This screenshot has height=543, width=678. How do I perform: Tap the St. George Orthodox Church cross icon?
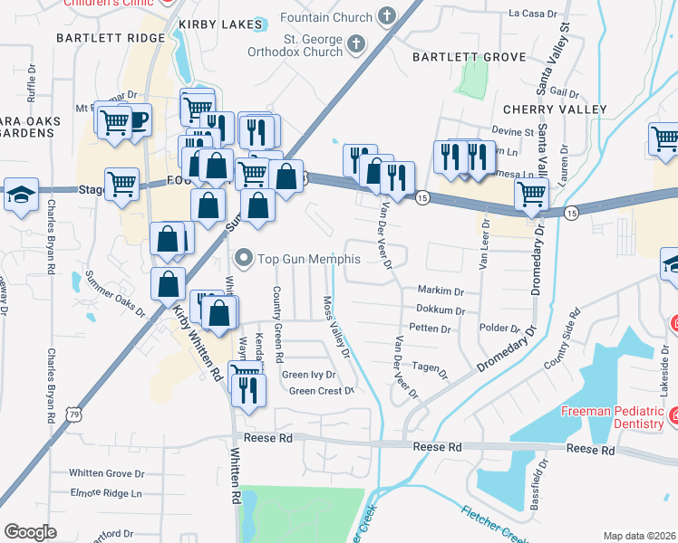click(357, 44)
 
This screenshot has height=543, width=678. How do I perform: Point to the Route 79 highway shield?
click(73, 415)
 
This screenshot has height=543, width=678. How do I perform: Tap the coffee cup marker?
click(137, 120)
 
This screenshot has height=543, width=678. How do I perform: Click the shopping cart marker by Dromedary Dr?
click(530, 193)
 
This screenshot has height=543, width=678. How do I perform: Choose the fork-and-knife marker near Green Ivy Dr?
click(247, 388)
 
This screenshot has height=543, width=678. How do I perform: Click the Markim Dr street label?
click(441, 291)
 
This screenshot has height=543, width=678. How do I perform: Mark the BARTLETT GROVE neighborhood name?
click(469, 57)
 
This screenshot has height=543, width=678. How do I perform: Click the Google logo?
click(31, 531)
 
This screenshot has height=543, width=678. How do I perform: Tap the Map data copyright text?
click(639, 536)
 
